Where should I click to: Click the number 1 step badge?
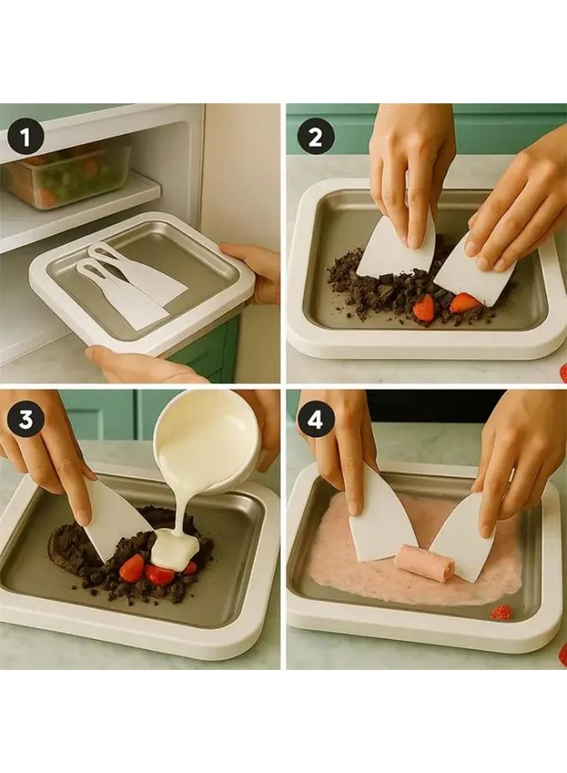pyautogui.click(x=25, y=138)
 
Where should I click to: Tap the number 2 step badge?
pyautogui.click(x=315, y=138)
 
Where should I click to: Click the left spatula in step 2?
pyautogui.click(x=394, y=250)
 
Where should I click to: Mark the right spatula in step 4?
pyautogui.click(x=464, y=537)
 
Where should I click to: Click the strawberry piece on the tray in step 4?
pyautogui.click(x=500, y=612)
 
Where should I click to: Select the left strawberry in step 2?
pyautogui.click(x=424, y=307)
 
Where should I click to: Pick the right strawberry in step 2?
pyautogui.click(x=465, y=302)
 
